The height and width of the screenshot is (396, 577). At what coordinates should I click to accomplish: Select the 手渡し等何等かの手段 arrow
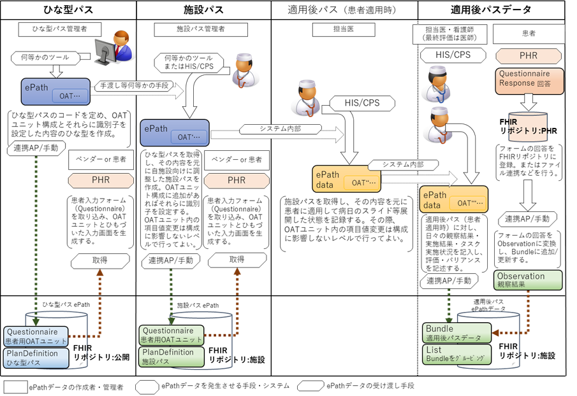132,85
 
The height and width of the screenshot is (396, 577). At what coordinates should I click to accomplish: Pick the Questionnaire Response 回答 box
524,79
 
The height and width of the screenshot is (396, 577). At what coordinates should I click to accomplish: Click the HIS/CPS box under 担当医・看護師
453,55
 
